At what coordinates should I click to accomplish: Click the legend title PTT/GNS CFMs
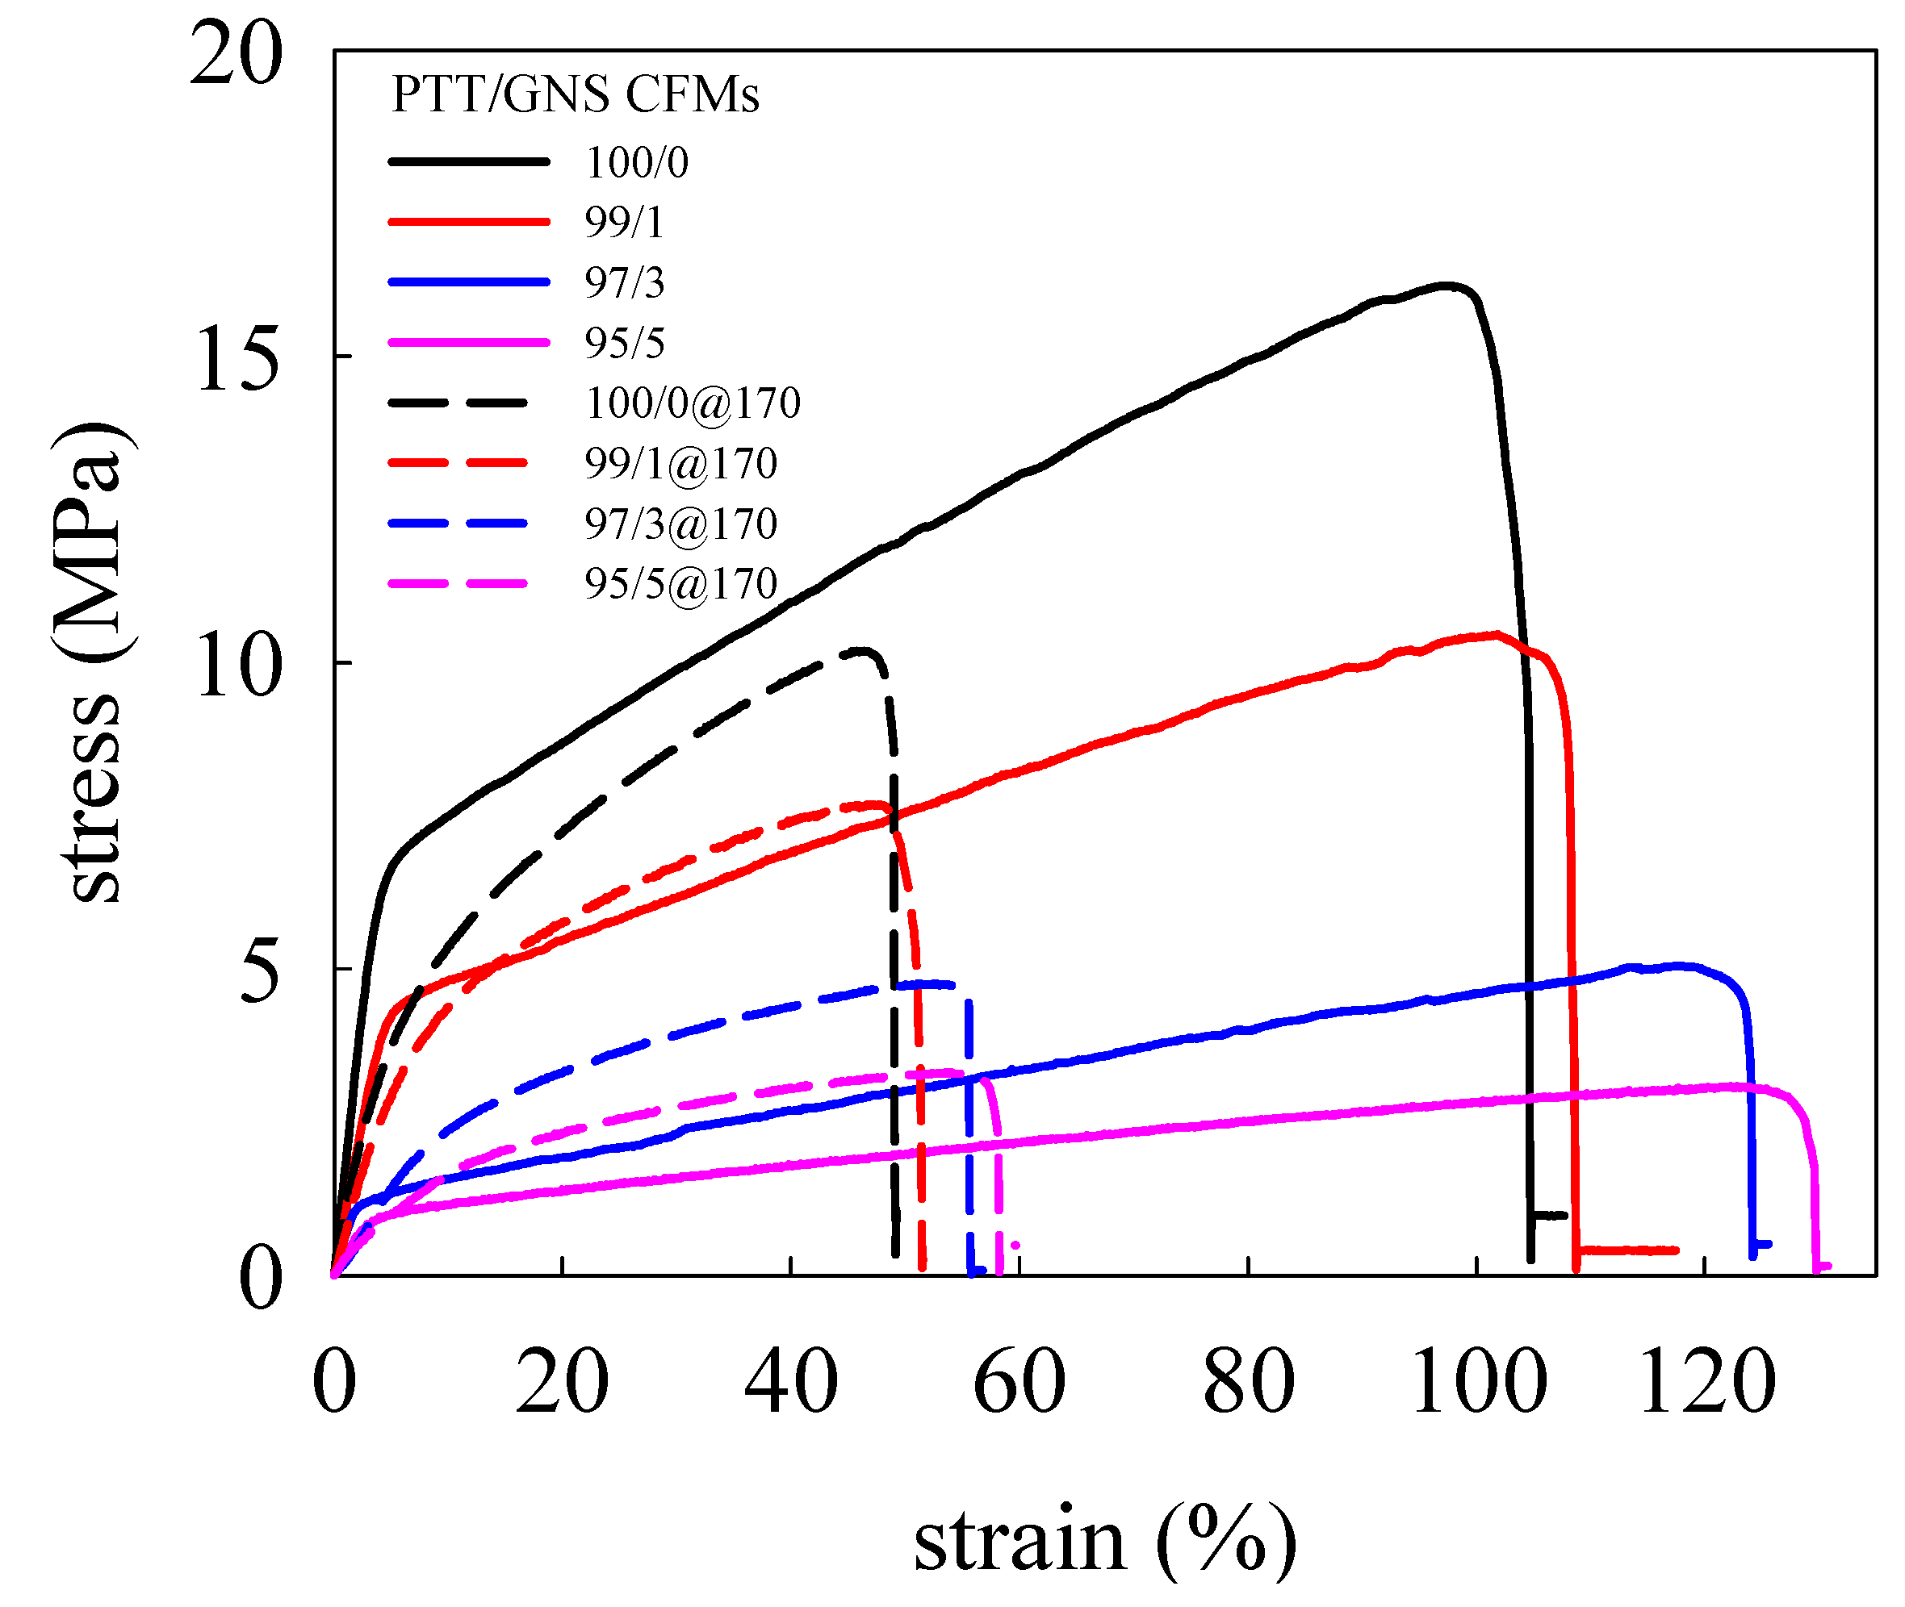tap(574, 94)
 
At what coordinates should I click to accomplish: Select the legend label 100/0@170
tap(693, 403)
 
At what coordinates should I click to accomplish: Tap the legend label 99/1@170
tap(680, 463)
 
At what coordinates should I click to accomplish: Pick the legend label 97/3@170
tap(680, 524)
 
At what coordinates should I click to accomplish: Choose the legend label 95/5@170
tap(680, 584)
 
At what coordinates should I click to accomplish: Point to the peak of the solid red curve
tap(1495, 634)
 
